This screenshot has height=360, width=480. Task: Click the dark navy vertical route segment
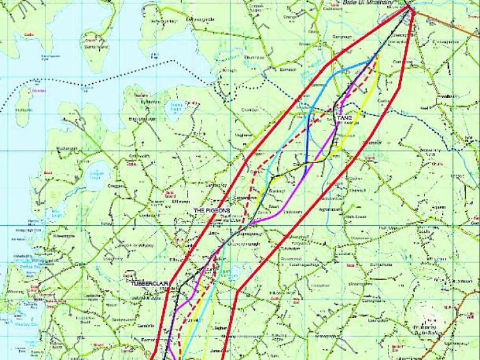(x=307, y=144)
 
